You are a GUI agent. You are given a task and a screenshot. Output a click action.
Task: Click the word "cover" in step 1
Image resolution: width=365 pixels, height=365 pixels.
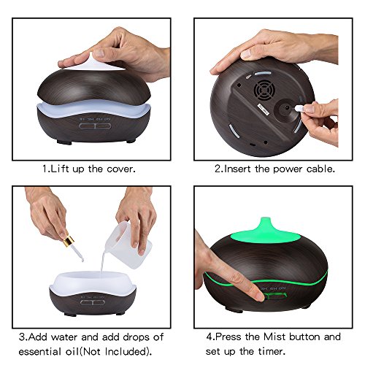point(121,169)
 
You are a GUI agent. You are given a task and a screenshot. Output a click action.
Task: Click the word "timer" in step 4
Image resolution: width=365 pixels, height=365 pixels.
point(272,351)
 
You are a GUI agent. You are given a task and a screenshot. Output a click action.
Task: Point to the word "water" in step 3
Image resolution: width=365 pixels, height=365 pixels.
point(65,337)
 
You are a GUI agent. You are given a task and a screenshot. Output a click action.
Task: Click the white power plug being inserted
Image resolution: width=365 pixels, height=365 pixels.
point(300,109)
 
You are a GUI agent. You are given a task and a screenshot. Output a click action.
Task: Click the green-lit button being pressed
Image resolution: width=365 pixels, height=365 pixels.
point(275,296)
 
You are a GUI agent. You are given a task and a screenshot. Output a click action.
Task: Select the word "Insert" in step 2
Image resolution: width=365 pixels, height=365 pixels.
point(237,169)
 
